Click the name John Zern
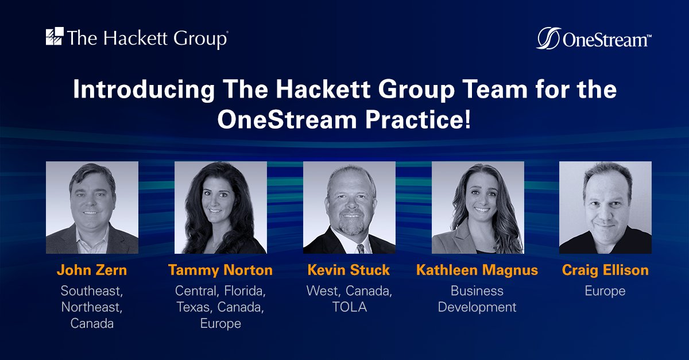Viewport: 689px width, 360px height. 92,270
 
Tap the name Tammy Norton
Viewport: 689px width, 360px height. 220,270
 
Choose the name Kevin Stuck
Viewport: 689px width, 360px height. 349,270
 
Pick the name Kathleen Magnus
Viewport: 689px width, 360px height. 477,270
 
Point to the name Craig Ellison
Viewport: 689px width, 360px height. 605,270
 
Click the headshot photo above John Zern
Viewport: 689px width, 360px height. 92,207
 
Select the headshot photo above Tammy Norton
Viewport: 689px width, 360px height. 220,207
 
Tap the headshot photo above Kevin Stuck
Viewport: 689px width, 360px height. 349,207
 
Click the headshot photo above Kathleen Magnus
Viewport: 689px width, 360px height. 478,207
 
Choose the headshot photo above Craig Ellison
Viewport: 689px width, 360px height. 605,207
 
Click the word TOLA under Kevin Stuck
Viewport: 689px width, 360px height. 349,307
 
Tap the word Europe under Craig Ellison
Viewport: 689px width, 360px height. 605,291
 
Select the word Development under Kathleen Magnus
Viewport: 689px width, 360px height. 477,307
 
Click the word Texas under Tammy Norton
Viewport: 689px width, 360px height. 194,307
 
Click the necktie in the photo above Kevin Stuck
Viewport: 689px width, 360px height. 360,249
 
